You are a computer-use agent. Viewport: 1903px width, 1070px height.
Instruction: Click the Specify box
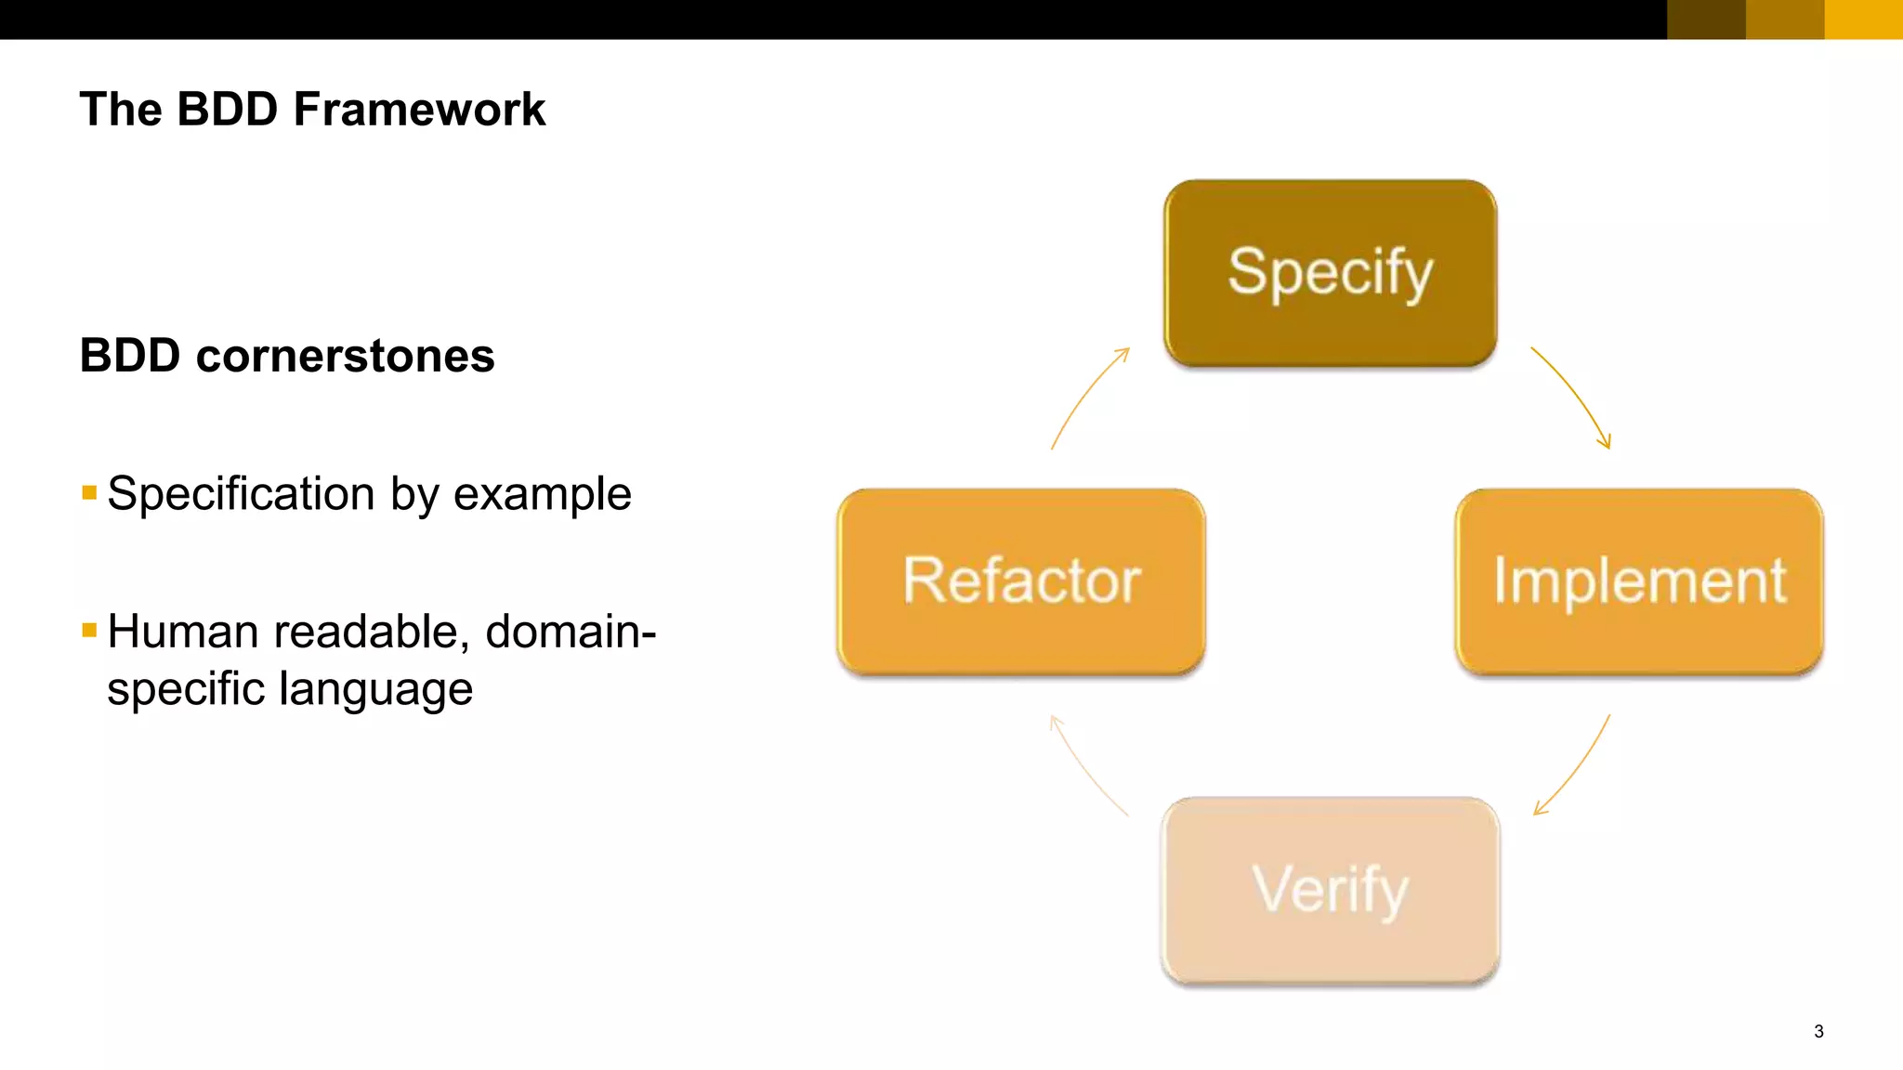tap(1330, 273)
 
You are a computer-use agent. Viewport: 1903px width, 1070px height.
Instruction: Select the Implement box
tap(1638, 581)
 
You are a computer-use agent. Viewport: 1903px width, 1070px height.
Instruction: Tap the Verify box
tap(1330, 890)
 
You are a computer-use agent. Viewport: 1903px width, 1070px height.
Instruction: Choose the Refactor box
tap(1021, 581)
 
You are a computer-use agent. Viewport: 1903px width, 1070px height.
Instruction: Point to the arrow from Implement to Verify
tap(1576, 767)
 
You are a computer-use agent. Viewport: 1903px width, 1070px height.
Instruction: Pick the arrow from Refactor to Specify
tap(1086, 397)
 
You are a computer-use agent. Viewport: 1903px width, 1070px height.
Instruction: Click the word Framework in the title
tap(419, 110)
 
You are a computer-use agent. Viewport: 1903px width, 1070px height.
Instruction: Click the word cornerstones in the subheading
tap(345, 357)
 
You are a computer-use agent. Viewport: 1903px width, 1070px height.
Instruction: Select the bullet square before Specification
tap(89, 492)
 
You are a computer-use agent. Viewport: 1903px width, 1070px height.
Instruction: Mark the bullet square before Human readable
tap(89, 631)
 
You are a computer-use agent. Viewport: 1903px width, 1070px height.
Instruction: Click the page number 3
tap(1818, 1031)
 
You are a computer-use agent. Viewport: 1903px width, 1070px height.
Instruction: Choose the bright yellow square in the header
tap(1863, 20)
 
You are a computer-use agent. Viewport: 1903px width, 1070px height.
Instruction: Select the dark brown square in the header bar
tap(1706, 20)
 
